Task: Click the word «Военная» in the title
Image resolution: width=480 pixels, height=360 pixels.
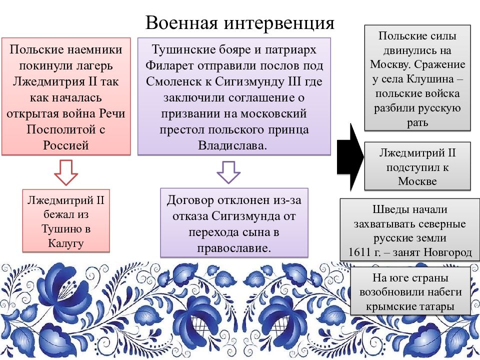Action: (181, 22)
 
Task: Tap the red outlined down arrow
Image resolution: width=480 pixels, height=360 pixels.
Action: (66, 172)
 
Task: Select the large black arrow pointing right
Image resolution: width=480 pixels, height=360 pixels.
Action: (350, 157)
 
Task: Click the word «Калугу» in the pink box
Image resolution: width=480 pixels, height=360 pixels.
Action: (66, 243)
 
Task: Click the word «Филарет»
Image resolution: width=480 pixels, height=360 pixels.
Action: (170, 65)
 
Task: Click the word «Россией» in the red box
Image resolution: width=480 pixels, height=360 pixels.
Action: (66, 145)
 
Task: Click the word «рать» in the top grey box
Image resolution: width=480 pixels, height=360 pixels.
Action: (417, 123)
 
